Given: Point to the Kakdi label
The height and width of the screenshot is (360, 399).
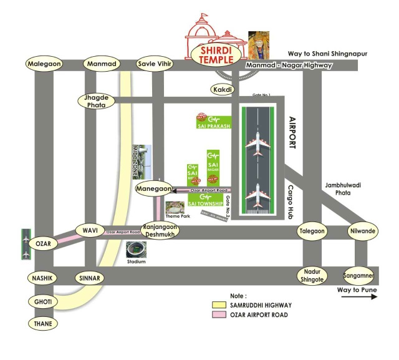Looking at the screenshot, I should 223,90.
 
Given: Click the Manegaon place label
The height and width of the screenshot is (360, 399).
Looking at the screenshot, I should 153,187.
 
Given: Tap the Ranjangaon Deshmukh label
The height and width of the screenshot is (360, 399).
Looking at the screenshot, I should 160,231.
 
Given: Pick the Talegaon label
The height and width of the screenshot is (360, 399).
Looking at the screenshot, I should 313,231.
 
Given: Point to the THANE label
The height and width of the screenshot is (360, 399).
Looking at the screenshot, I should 43,324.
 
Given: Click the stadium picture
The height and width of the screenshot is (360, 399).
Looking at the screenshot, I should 136,249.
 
